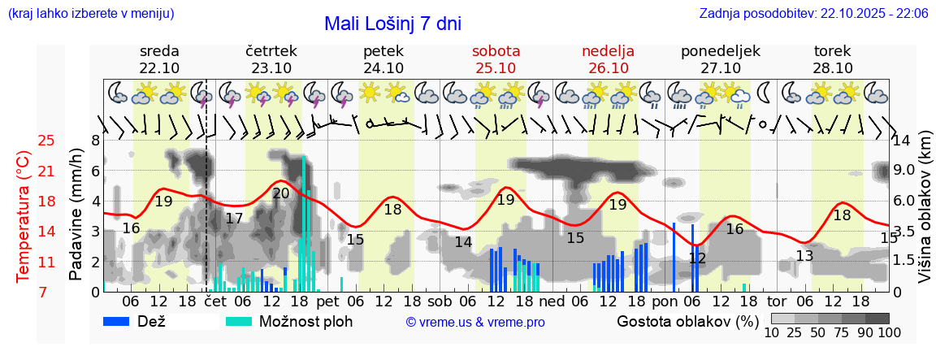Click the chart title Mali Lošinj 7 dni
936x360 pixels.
392,24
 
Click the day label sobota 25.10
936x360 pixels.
496,59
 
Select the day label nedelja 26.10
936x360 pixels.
608,59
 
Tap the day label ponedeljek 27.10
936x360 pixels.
720,59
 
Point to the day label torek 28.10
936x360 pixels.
833,59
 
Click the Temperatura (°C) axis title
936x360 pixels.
24,216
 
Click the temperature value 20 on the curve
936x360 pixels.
281,193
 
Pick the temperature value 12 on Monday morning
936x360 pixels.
697,258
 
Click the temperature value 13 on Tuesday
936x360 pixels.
804,257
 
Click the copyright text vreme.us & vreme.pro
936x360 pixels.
475,323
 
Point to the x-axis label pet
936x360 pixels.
328,301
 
